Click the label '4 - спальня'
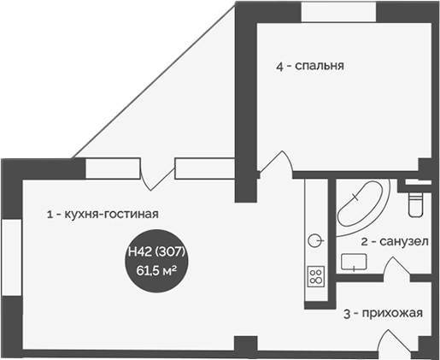[x=309, y=64]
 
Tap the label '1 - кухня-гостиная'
[x=103, y=215]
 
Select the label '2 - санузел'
[x=394, y=242]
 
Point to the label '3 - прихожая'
[x=383, y=313]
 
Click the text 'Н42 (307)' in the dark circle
[x=156, y=253]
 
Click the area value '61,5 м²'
[x=156, y=269]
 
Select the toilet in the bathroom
[x=416, y=202]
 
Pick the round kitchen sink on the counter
[x=315, y=239]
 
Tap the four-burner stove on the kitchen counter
[x=315, y=276]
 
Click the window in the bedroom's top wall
[x=337, y=10]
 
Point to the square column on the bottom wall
[x=244, y=347]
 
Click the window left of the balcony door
[x=113, y=168]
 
